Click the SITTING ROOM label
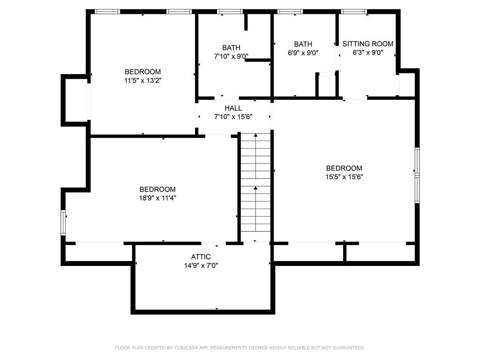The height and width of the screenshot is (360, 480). (367, 44)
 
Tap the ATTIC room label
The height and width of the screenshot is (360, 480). (201, 257)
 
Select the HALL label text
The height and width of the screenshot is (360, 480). (233, 108)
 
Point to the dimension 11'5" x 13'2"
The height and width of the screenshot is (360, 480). (142, 81)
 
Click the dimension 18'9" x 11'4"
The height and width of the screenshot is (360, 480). (157, 198)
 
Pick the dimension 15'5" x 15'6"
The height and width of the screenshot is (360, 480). (344, 177)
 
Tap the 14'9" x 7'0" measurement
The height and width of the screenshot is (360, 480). (201, 265)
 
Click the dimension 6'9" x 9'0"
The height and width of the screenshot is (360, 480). (303, 53)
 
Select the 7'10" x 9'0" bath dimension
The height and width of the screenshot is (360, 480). (231, 56)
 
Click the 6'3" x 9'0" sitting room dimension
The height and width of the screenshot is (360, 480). (367, 53)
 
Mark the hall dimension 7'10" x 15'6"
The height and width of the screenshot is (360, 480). (233, 117)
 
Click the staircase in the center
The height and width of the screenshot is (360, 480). (255, 183)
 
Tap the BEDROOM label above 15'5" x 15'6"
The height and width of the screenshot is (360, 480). (344, 168)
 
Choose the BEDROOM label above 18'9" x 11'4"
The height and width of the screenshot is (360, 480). (157, 189)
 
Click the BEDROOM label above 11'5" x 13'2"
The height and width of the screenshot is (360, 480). (142, 72)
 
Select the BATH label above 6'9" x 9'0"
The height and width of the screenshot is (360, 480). (303, 44)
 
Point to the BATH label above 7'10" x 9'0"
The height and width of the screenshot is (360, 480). (231, 47)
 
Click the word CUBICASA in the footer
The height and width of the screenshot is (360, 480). (185, 348)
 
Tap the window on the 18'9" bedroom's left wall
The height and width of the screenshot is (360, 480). (63, 223)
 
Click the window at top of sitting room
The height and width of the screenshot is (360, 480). (353, 11)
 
